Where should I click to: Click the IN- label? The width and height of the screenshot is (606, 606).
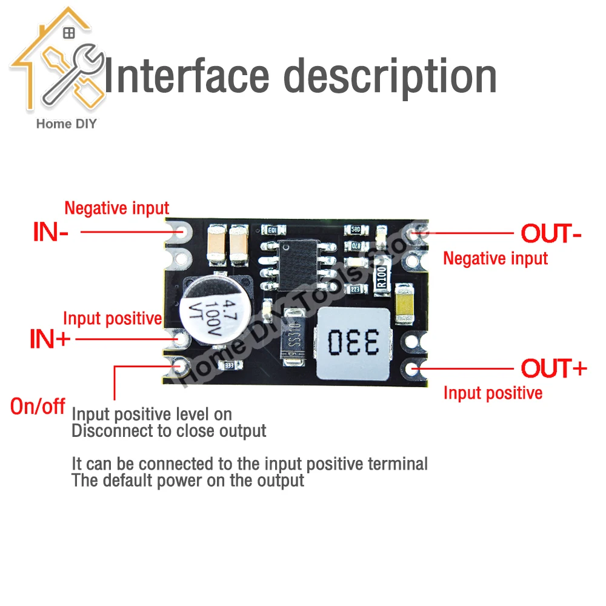click(x=50, y=232)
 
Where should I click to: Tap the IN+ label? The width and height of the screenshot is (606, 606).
click(x=50, y=339)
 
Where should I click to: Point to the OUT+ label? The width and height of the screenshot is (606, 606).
click(x=554, y=368)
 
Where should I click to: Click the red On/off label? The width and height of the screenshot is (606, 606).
click(x=38, y=406)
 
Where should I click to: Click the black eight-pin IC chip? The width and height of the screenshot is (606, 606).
click(x=298, y=265)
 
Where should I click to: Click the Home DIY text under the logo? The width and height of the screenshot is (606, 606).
click(x=67, y=124)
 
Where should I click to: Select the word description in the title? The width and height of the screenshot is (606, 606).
click(x=390, y=76)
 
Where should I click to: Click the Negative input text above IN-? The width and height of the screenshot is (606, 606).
click(x=116, y=208)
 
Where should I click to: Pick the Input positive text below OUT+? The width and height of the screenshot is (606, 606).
click(x=493, y=393)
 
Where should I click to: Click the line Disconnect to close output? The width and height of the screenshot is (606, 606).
click(x=169, y=431)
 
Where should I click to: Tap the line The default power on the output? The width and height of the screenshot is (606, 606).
click(x=188, y=481)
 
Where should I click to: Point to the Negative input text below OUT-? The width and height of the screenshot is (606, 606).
click(x=495, y=258)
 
